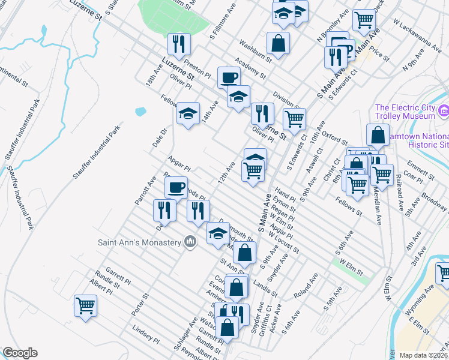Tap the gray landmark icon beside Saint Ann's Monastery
click(190, 242)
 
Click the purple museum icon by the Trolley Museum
click(444, 110)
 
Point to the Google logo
click(20, 353)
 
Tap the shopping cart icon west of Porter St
click(85, 305)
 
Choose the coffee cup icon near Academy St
click(229, 77)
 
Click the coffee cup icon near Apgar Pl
click(176, 187)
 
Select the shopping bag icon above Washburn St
click(278, 42)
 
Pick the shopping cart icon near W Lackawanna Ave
click(364, 20)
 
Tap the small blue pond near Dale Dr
click(140, 112)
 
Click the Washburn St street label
click(255, 51)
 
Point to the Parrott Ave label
click(146, 190)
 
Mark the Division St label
click(285, 98)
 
